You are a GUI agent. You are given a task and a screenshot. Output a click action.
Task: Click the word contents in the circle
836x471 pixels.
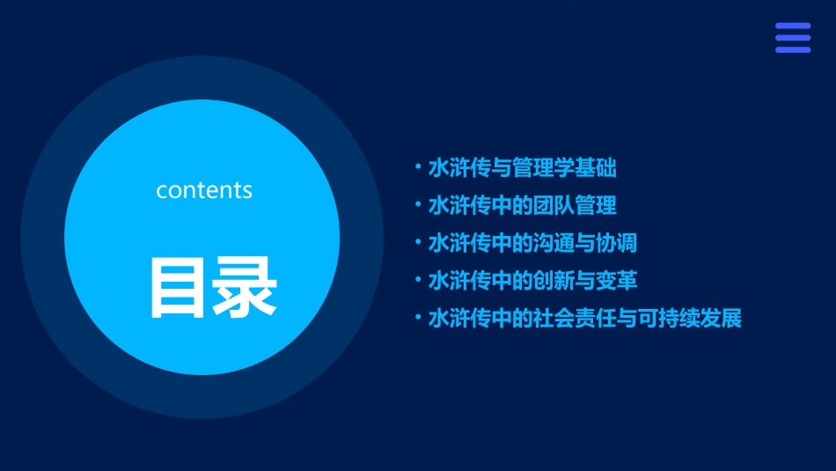pyautogui.click(x=204, y=190)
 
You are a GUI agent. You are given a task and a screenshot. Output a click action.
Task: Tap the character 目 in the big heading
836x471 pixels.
pyautogui.click(x=176, y=287)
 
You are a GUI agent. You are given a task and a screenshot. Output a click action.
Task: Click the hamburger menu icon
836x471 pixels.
pyautogui.click(x=792, y=38)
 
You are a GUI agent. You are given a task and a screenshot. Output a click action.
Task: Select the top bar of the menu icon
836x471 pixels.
pyautogui.click(x=792, y=26)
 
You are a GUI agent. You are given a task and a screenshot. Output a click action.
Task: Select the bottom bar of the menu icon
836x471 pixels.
pyautogui.click(x=792, y=49)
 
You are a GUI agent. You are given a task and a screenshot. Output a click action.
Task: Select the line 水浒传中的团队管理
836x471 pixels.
pyautogui.click(x=522, y=205)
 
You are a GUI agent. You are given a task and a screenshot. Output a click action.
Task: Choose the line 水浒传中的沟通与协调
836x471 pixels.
pyautogui.click(x=532, y=243)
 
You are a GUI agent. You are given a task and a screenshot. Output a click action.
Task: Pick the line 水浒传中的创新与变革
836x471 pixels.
pyautogui.click(x=532, y=281)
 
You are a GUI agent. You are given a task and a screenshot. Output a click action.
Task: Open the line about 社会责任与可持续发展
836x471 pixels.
pyautogui.click(x=584, y=319)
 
